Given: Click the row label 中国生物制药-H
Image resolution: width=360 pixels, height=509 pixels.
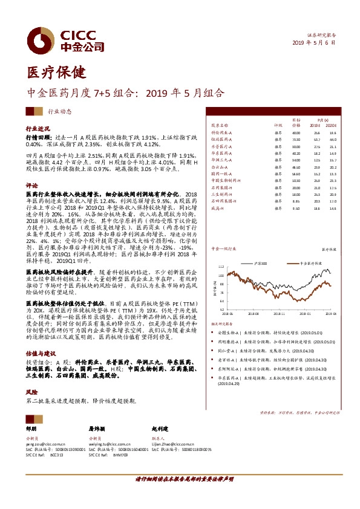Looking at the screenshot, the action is tap(226, 180).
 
